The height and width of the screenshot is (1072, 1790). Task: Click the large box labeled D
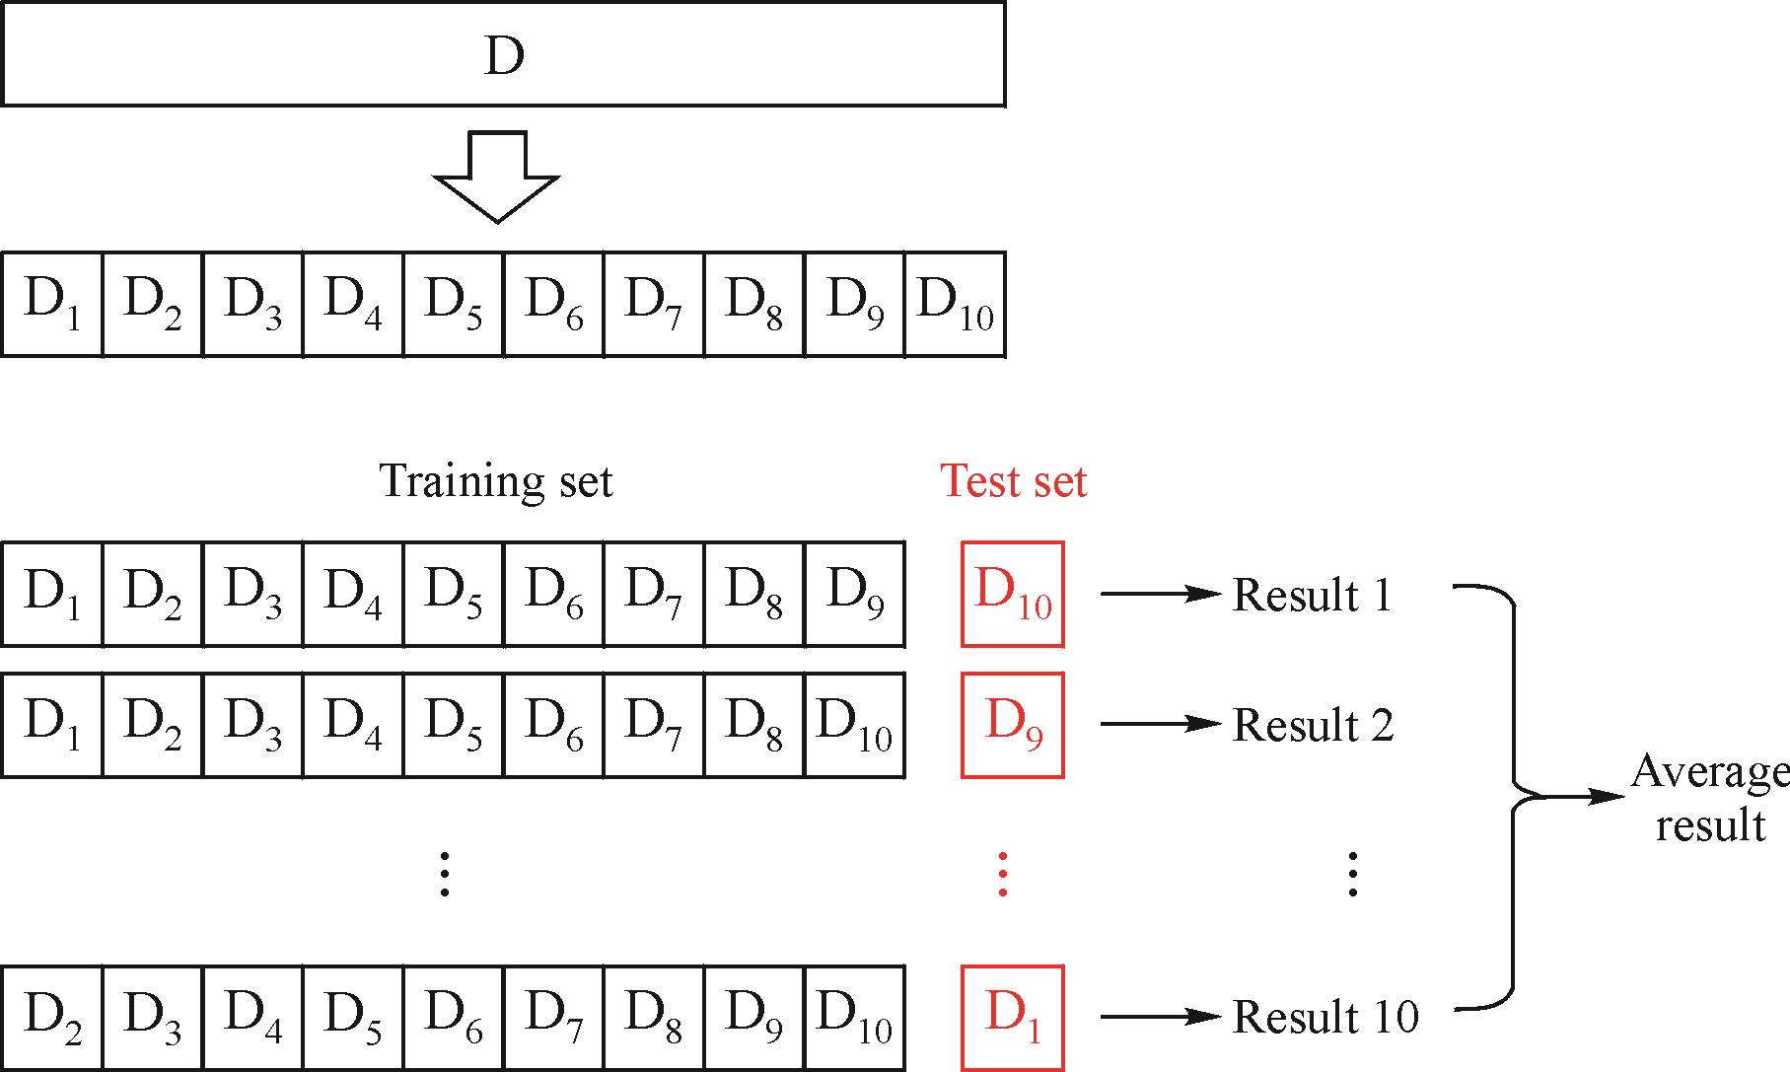pyautogui.click(x=503, y=54)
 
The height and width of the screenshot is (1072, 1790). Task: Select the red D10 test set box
pyautogui.click(x=1013, y=594)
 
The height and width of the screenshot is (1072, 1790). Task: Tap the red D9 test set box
pyautogui.click(x=1013, y=725)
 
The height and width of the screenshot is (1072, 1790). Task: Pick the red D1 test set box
pyautogui.click(x=1013, y=1017)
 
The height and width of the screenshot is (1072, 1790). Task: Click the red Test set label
pyautogui.click(x=1014, y=481)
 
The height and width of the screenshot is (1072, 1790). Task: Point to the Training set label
pyautogui.click(x=496, y=481)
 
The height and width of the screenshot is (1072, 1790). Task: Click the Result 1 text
pyautogui.click(x=1312, y=595)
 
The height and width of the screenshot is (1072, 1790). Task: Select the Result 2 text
pyautogui.click(x=1313, y=726)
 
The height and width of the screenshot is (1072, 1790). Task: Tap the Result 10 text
pyautogui.click(x=1325, y=1017)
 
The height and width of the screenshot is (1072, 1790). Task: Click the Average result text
pyautogui.click(x=1710, y=798)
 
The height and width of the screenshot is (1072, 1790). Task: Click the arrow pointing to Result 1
pyautogui.click(x=1160, y=594)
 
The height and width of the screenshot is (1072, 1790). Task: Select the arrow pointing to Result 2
pyautogui.click(x=1160, y=724)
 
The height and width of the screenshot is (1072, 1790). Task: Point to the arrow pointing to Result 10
pyautogui.click(x=1160, y=1016)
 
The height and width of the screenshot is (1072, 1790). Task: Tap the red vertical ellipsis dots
pyautogui.click(x=1003, y=874)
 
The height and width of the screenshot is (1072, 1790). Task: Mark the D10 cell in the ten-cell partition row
pyautogui.click(x=955, y=303)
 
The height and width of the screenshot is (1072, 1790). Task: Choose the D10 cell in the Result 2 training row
pyautogui.click(x=854, y=725)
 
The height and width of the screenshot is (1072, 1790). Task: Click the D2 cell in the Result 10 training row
pyautogui.click(x=51, y=1017)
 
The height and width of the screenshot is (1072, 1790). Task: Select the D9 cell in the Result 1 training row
pyautogui.click(x=854, y=594)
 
